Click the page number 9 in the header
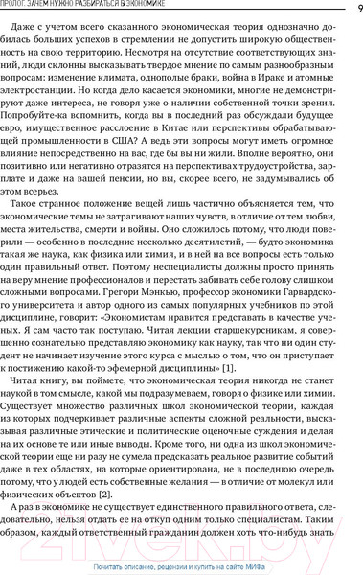pos(357,9)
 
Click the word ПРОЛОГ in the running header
pos(21,9)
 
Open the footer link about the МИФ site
pos(181,567)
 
